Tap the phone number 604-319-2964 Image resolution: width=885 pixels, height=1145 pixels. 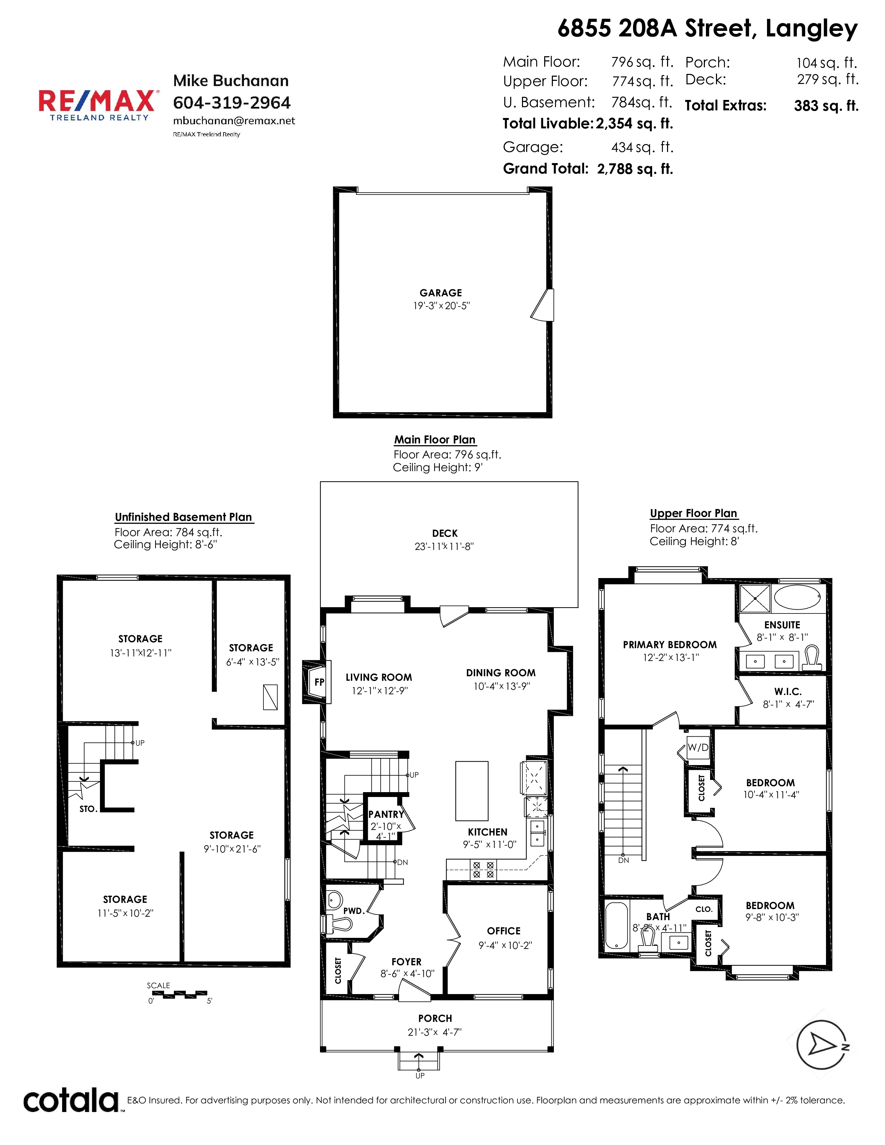pyautogui.click(x=232, y=103)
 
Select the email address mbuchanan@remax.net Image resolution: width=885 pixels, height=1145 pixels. pyautogui.click(x=234, y=121)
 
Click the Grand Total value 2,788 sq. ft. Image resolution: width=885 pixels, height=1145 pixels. pyautogui.click(x=635, y=169)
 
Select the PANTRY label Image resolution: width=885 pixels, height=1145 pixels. pyautogui.click(x=386, y=814)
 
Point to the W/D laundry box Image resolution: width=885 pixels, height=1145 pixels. pyautogui.click(x=698, y=748)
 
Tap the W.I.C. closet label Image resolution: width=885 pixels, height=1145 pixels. pyautogui.click(x=788, y=692)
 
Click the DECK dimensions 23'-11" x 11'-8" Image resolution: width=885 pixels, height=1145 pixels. pyautogui.click(x=444, y=546)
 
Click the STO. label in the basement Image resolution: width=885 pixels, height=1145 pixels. pyautogui.click(x=88, y=809)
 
